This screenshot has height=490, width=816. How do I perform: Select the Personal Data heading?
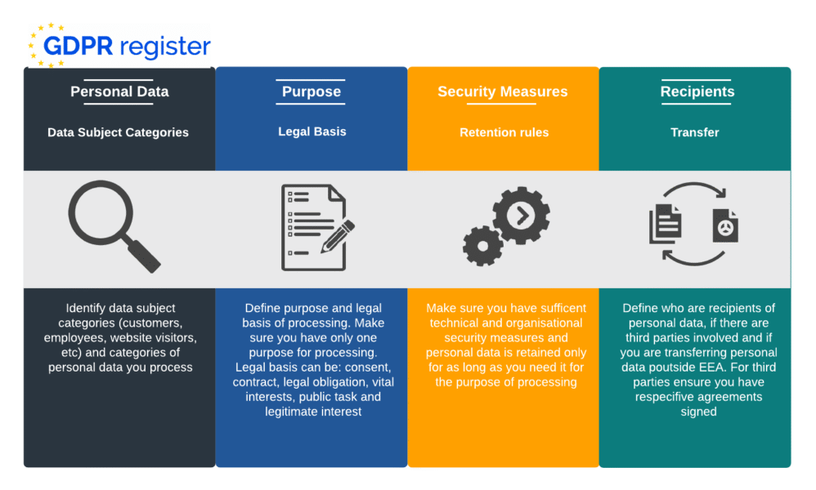coord(119,91)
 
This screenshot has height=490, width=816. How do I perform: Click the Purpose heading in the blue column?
coord(312,91)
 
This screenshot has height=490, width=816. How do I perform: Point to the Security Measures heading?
coord(503,91)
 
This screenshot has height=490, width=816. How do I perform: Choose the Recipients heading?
coord(697,91)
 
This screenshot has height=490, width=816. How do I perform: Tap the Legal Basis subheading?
coord(312,131)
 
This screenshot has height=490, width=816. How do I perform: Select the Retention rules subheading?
coord(504,132)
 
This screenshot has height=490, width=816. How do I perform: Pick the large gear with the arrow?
coord(521,215)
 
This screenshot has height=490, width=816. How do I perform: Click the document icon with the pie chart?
coord(724,225)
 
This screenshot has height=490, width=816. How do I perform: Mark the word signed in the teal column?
coord(697,412)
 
